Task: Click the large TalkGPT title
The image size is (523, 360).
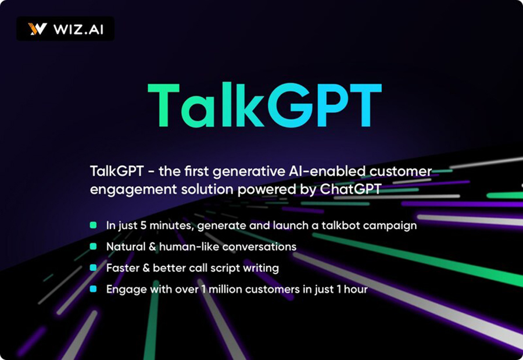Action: click(264, 105)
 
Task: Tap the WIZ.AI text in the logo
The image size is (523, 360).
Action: click(78, 29)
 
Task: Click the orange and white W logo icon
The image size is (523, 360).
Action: click(37, 29)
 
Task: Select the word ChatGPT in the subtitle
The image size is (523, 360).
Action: click(350, 190)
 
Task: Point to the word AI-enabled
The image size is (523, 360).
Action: click(325, 171)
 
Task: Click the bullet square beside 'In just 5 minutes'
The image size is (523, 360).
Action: click(94, 225)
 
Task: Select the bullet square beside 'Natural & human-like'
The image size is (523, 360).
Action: click(94, 247)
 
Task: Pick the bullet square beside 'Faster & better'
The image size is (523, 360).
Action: click(94, 268)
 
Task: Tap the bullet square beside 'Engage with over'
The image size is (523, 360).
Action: click(94, 289)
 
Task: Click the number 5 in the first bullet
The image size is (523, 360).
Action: click(144, 226)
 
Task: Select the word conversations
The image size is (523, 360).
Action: click(259, 247)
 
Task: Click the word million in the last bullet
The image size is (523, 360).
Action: click(225, 289)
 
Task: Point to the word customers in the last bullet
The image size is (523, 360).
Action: click(273, 290)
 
